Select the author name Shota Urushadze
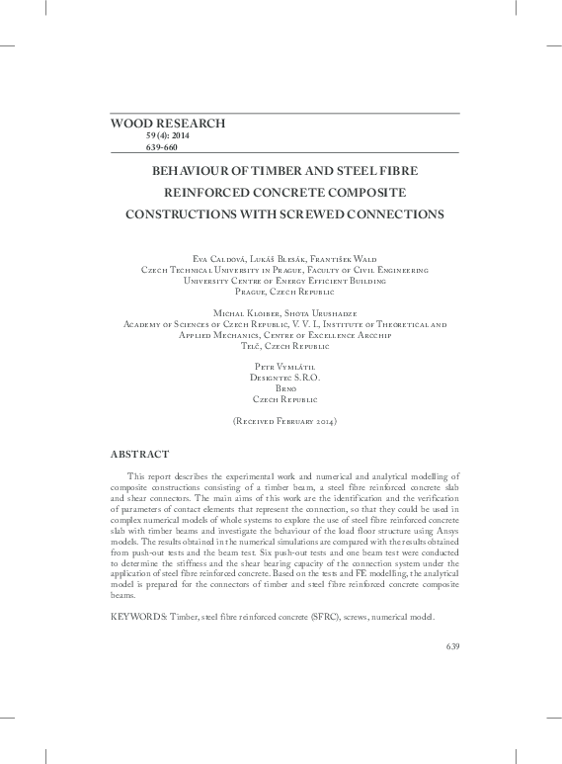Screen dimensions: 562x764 311,311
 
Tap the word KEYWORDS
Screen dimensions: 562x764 137,617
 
